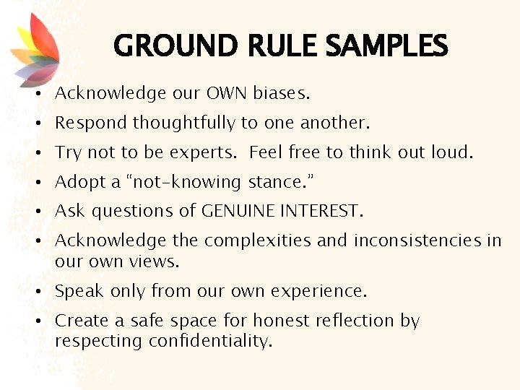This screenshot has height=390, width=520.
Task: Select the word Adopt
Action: coord(77,182)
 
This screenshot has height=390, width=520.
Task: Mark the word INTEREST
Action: coord(326,211)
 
